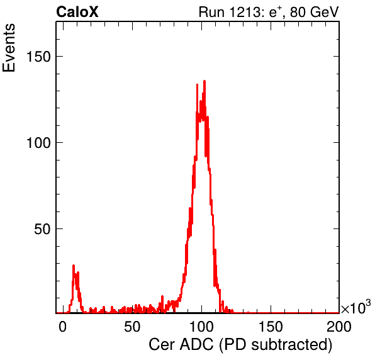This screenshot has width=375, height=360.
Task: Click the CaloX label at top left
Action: click(x=77, y=12)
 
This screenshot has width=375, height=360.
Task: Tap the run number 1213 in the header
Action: click(x=245, y=12)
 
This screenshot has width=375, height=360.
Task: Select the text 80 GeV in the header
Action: click(x=315, y=12)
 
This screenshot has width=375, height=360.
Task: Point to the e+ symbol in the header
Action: click(x=275, y=12)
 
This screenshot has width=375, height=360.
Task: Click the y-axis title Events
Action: click(x=9, y=48)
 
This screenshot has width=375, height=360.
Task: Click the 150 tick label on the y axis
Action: click(x=39, y=57)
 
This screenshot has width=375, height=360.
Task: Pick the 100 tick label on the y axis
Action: click(x=39, y=143)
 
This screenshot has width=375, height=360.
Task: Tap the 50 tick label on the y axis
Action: click(x=43, y=229)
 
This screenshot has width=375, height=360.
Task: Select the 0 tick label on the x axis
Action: click(x=62, y=327)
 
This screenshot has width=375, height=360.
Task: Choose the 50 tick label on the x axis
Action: click(x=132, y=327)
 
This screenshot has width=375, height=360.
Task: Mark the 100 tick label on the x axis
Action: click(x=201, y=327)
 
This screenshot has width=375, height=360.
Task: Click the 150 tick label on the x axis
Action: click(x=271, y=327)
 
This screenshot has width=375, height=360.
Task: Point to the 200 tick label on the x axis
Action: click(x=339, y=327)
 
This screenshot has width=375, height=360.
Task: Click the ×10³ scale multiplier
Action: click(x=356, y=307)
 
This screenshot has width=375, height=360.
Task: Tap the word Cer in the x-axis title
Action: click(x=162, y=345)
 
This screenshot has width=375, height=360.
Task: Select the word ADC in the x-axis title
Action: click(x=196, y=345)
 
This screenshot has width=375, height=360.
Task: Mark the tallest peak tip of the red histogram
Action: click(x=204, y=81)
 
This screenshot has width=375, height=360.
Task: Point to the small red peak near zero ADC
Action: click(x=74, y=266)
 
